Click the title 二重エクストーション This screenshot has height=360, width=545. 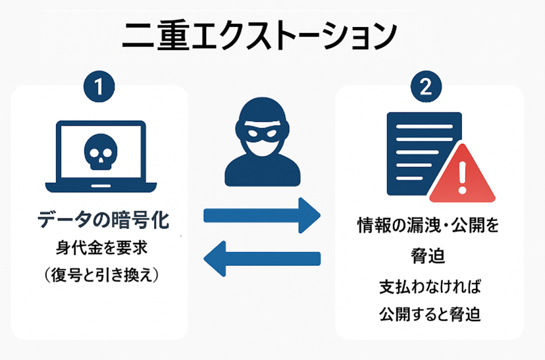pos(259,36)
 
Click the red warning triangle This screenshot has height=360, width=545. pos(461,176)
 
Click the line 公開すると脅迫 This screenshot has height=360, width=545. pos(429,313)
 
